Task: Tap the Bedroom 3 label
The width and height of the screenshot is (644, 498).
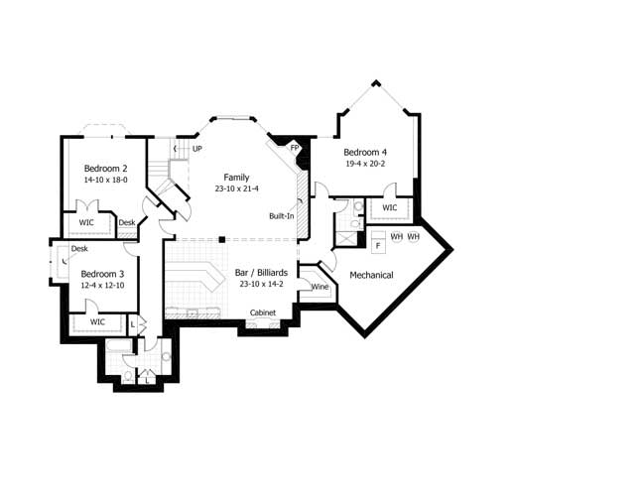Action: (x=102, y=274)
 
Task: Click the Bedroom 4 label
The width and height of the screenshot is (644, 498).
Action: (x=365, y=152)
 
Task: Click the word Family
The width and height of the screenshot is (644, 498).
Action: (x=236, y=177)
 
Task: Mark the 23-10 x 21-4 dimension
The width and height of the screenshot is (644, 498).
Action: (x=236, y=188)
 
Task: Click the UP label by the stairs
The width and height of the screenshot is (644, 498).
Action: (x=197, y=149)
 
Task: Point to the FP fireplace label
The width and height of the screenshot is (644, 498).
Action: (x=295, y=149)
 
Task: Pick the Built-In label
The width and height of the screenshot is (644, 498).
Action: (x=281, y=215)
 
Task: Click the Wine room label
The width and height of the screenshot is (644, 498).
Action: (x=320, y=287)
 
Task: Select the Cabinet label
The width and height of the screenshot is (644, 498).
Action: (x=262, y=312)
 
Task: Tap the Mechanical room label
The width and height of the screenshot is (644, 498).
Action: (x=371, y=275)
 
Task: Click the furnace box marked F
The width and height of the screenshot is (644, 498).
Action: (x=378, y=244)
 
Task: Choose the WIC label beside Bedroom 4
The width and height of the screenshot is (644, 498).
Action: (x=389, y=208)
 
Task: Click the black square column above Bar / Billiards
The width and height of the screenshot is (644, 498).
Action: (x=222, y=239)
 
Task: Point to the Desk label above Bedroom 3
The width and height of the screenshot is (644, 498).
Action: (x=79, y=248)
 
